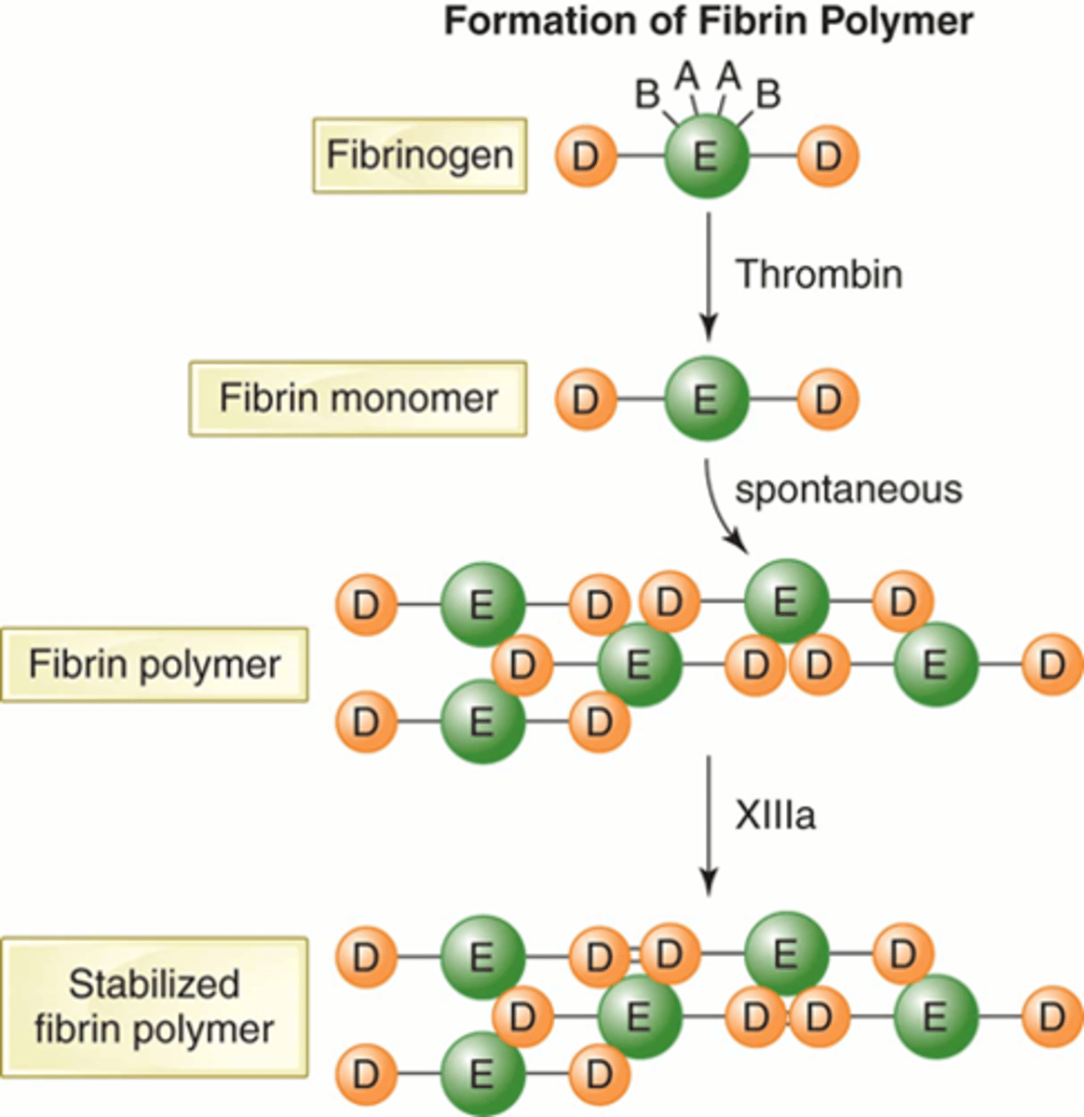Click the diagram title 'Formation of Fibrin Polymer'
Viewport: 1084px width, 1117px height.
[x=708, y=21]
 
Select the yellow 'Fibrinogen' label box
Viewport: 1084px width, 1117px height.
[x=419, y=155]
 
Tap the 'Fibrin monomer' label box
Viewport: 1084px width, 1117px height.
[x=358, y=398]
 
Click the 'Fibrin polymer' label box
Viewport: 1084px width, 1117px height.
[x=154, y=665]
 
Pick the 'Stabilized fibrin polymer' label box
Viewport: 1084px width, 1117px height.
[x=154, y=1007]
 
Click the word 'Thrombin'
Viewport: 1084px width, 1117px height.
[x=819, y=275]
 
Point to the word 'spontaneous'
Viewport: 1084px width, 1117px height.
[x=847, y=490]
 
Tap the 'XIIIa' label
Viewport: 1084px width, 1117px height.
[x=775, y=815]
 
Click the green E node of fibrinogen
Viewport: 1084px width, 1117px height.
[x=706, y=156]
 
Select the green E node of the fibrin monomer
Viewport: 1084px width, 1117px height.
[x=706, y=399]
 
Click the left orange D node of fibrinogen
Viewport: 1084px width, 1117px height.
[x=586, y=156]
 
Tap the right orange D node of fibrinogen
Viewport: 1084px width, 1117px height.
[x=828, y=156]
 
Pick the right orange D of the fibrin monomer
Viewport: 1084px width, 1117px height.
[x=828, y=399]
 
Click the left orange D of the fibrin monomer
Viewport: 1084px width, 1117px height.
[x=586, y=399]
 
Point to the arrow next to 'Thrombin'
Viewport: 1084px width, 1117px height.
[x=708, y=276]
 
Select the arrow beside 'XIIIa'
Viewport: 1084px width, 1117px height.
[x=708, y=824]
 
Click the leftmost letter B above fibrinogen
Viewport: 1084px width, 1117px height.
[x=647, y=94]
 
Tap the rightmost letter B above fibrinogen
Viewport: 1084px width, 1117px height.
[x=768, y=94]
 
